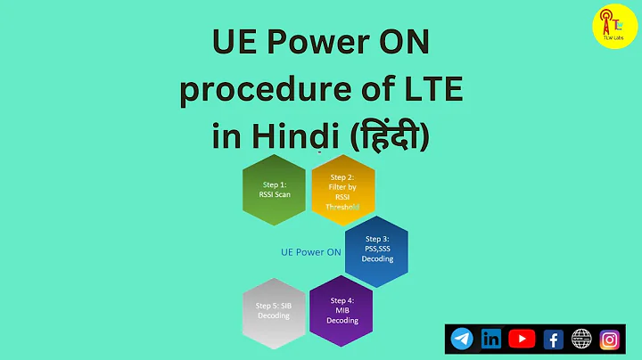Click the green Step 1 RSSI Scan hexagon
coord(275,188)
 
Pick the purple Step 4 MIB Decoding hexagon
coord(342,309)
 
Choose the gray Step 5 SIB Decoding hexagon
coord(275,309)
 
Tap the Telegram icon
coord(462,339)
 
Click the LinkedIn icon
coord(491,339)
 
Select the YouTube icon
coord(522,339)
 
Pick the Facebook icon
coord(552,339)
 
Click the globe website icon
coord(581,339)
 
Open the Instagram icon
coord(611,339)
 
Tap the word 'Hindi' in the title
coord(292,137)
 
